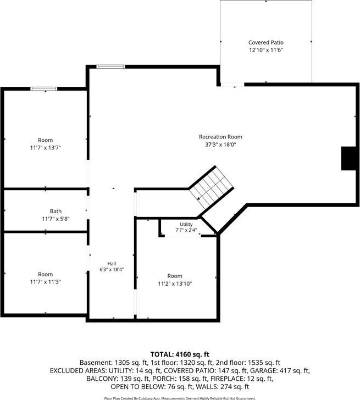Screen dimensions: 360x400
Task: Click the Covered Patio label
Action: pyautogui.click(x=266, y=42)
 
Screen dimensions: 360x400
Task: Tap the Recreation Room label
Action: pyautogui.click(x=220, y=137)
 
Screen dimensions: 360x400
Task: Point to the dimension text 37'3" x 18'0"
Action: pyautogui.click(x=220, y=145)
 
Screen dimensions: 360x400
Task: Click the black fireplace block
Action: pyautogui.click(x=348, y=158)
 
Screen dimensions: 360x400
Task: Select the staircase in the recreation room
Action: pyautogui.click(x=211, y=187)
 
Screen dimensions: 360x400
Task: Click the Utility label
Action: pyautogui.click(x=186, y=224)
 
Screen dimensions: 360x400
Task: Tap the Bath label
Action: pyautogui.click(x=56, y=211)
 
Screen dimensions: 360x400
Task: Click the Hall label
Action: pyautogui.click(x=112, y=264)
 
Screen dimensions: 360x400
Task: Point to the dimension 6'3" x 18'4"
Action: pyautogui.click(x=112, y=269)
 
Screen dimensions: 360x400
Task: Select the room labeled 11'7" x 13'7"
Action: pyautogui.click(x=46, y=140)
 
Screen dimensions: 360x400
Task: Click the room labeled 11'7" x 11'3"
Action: pyautogui.click(x=46, y=274)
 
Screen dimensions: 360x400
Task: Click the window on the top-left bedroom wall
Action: pyautogui.click(x=43, y=88)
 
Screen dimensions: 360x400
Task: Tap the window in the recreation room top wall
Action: pyautogui.click(x=110, y=67)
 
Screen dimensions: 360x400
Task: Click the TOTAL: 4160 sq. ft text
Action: pyautogui.click(x=180, y=354)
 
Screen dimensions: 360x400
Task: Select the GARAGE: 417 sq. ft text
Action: pyautogui.click(x=279, y=370)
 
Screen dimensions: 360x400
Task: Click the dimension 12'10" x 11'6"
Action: pyautogui.click(x=266, y=50)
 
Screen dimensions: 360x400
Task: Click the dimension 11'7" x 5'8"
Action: pyautogui.click(x=56, y=219)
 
